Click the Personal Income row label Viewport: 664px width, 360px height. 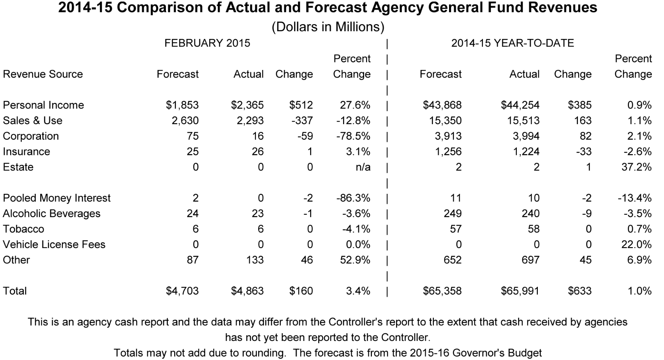(x=43, y=105)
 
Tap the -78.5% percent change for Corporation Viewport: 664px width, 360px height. (x=353, y=136)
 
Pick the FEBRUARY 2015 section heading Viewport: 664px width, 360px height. (x=207, y=43)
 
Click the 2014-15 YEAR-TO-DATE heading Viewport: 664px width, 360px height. (x=513, y=43)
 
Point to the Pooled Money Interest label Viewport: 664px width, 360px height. (x=56, y=198)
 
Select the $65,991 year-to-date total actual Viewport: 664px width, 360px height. (x=520, y=291)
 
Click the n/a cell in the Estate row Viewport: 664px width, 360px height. (x=363, y=167)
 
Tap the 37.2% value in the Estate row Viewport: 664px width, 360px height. (x=636, y=167)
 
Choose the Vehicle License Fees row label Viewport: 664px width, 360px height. (x=54, y=244)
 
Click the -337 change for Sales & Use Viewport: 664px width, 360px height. (x=302, y=121)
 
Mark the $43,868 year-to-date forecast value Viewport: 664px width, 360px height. (x=442, y=105)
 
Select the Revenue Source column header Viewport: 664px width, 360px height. (x=43, y=74)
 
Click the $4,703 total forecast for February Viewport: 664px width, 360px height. (x=182, y=291)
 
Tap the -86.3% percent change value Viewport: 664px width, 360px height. (x=353, y=198)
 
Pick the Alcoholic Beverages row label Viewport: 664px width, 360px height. (x=51, y=214)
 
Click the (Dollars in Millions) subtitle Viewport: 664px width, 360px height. (x=328, y=27)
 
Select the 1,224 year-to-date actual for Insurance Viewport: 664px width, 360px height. (x=526, y=152)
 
